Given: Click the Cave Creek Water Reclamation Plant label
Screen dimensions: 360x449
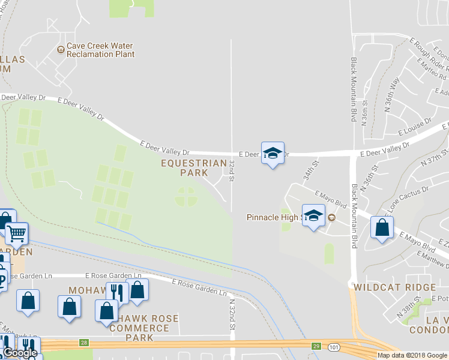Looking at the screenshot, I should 100,50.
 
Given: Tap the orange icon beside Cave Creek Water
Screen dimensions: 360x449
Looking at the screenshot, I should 61,50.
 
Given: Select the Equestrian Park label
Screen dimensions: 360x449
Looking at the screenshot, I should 194,167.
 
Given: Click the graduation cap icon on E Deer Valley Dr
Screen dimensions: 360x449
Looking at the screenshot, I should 273,154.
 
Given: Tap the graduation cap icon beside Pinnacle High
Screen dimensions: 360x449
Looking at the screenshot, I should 313,217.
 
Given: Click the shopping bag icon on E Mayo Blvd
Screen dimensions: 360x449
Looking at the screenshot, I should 382,227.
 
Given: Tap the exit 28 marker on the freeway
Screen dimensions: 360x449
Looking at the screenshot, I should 83,343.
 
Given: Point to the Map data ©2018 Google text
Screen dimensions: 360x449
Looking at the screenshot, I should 412,355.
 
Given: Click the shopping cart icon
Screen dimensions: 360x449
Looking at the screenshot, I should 17,233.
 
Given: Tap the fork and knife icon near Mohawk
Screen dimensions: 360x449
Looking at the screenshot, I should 118,293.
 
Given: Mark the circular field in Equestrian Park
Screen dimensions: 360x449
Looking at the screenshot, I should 185,196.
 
